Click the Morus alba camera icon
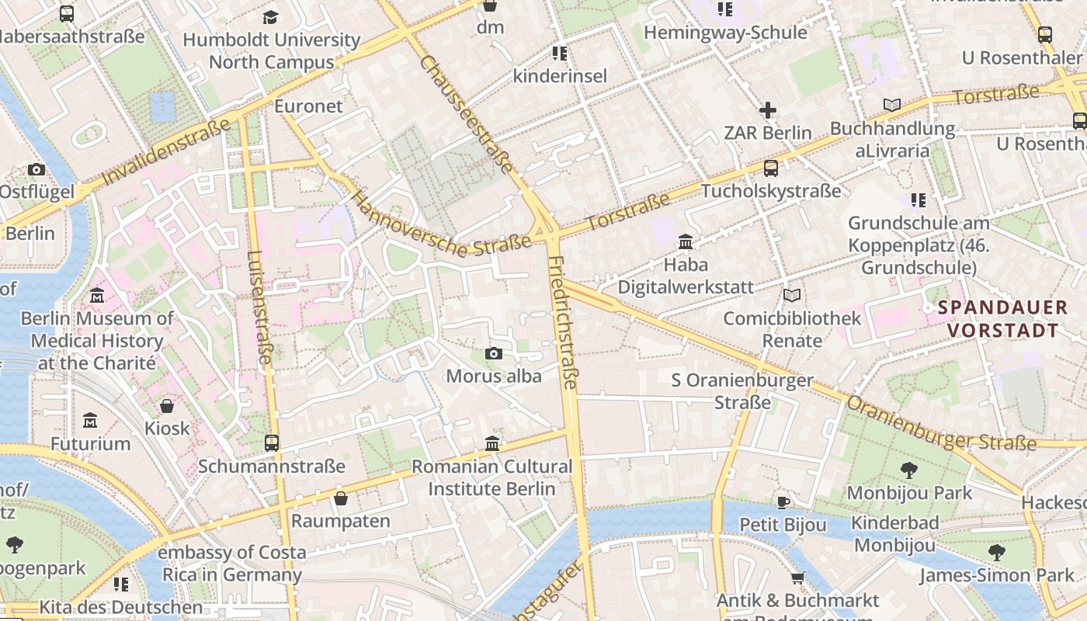[x=493, y=354]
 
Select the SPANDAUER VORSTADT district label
[x=1002, y=318]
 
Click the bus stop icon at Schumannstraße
[x=271, y=443]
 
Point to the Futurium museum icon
[x=90, y=420]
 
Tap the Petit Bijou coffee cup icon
[x=783, y=501]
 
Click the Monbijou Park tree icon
[x=908, y=470]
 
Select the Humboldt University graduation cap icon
[x=271, y=17]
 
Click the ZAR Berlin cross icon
[x=768, y=110]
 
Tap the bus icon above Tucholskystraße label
[x=771, y=168]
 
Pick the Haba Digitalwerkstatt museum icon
[x=686, y=242]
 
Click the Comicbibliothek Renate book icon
[x=791, y=295]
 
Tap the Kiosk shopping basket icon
[x=167, y=405]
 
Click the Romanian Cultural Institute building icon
[x=492, y=443]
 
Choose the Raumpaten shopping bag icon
[x=340, y=498]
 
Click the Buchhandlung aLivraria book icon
[x=892, y=105]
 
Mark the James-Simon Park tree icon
[x=997, y=553]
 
